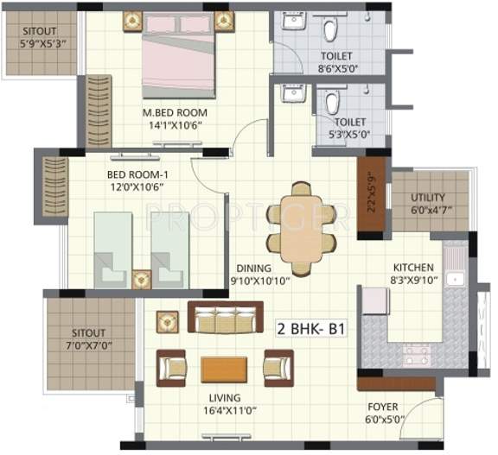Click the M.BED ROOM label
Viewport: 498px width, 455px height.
[176, 111]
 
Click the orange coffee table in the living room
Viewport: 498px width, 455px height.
[225, 370]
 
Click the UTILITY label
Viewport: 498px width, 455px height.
[428, 197]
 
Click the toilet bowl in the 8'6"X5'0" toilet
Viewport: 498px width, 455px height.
[329, 31]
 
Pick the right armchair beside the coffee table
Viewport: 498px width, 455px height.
[278, 368]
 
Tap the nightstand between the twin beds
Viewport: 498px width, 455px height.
[141, 278]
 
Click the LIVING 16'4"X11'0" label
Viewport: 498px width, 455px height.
[224, 405]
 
